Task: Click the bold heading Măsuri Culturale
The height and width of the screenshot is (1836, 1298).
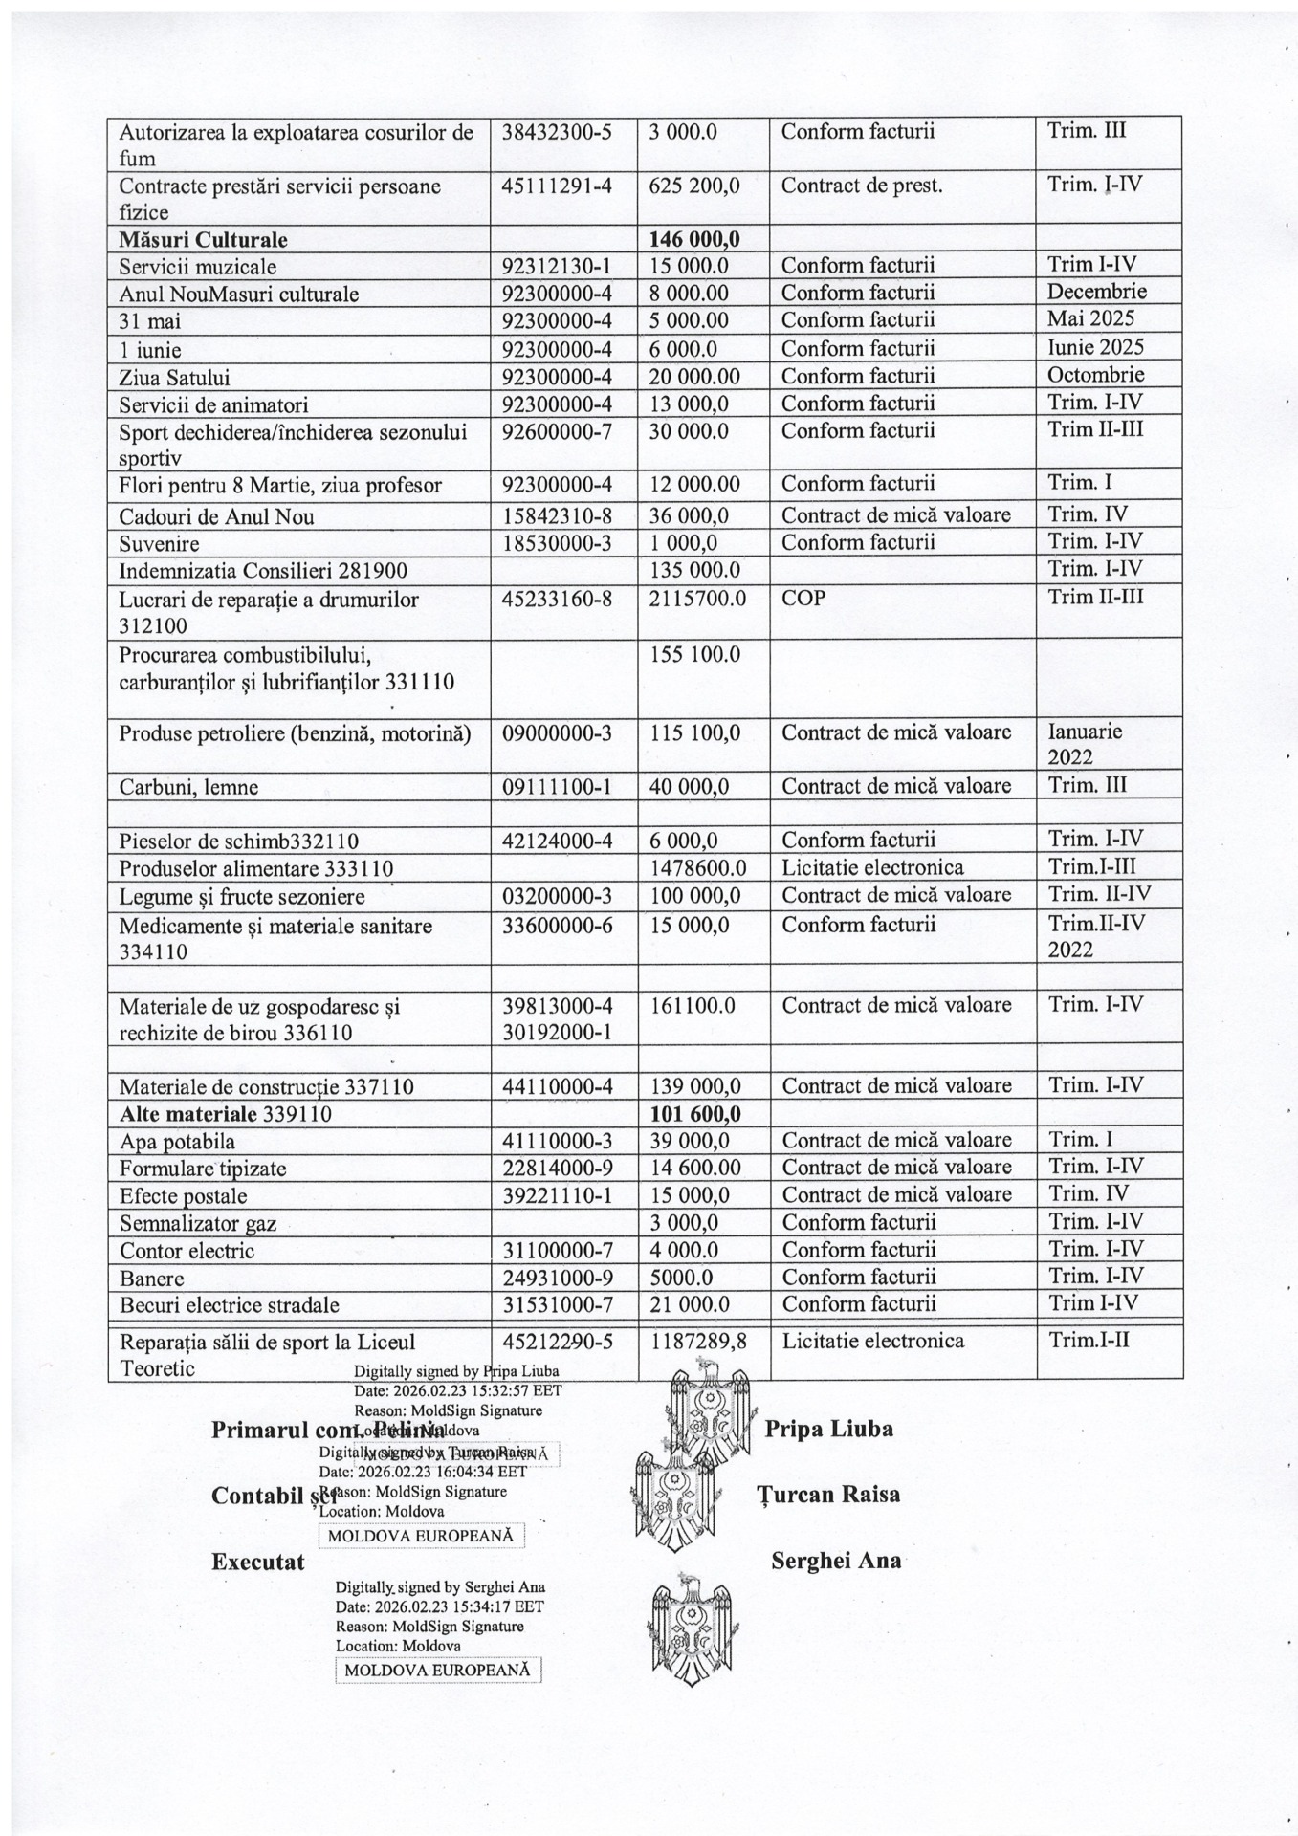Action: pyautogui.click(x=203, y=239)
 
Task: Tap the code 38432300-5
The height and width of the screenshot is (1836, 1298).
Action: pyautogui.click(x=557, y=132)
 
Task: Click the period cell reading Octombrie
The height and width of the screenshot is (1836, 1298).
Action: pyautogui.click(x=1096, y=374)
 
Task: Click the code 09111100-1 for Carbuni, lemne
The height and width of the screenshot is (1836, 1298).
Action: pyautogui.click(x=557, y=787)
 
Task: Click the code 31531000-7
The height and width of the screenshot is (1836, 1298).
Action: pyautogui.click(x=557, y=1304)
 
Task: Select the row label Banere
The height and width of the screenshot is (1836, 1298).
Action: pyautogui.click(x=152, y=1279)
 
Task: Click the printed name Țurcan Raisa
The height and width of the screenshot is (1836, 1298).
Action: pyautogui.click(x=828, y=1494)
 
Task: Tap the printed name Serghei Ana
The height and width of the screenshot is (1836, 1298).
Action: pyautogui.click(x=835, y=1561)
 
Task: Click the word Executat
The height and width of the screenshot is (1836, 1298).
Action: pyautogui.click(x=257, y=1563)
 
